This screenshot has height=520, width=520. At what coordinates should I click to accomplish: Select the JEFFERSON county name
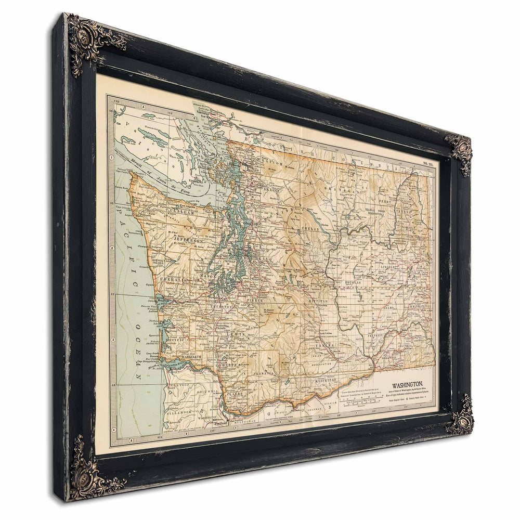[x=188, y=241]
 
